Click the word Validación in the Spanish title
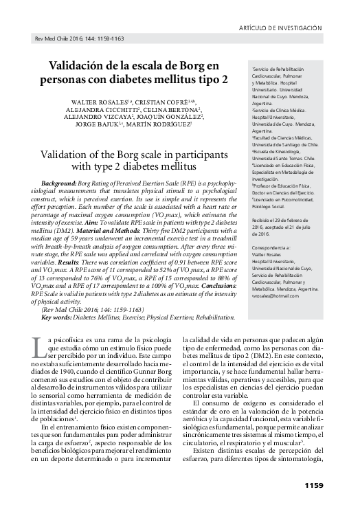tap(78, 65)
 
